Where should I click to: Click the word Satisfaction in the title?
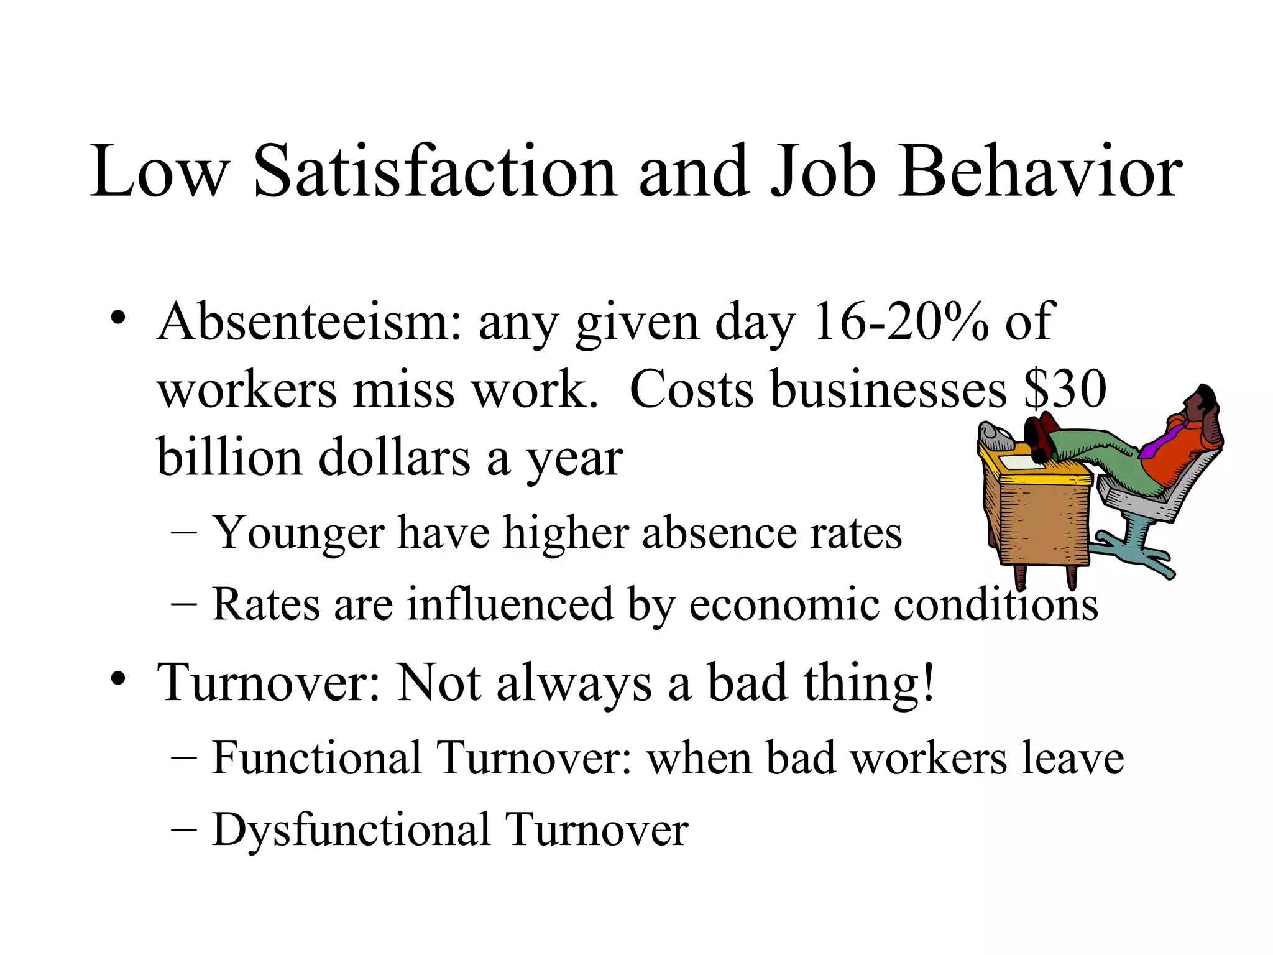[x=435, y=172]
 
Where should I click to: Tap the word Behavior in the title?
[x=1039, y=172]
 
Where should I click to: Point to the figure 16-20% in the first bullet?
[x=900, y=322]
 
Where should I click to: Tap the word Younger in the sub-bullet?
[x=298, y=534]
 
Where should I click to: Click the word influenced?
[x=510, y=604]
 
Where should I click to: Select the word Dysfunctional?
[x=351, y=830]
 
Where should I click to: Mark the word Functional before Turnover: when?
[x=317, y=759]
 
